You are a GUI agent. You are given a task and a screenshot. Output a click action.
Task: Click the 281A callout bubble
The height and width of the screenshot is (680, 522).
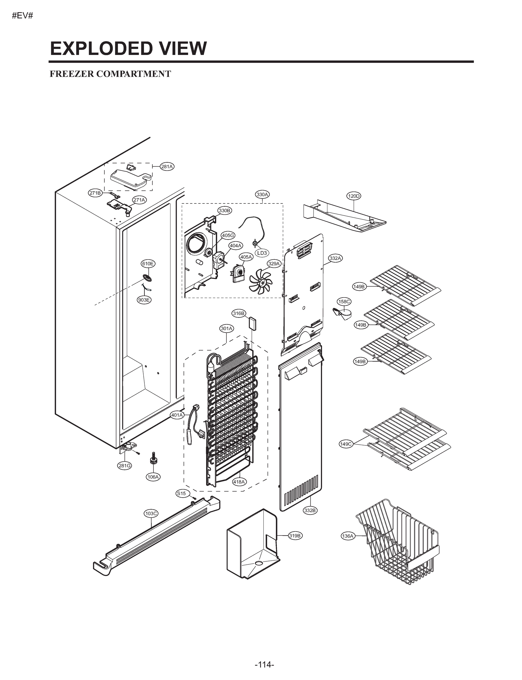167,167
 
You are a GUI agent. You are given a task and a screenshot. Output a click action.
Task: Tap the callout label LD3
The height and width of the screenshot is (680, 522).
262,253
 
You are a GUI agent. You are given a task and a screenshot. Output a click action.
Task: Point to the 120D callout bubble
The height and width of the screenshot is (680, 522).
353,196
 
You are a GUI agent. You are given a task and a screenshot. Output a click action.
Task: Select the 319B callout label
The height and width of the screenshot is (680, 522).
295,535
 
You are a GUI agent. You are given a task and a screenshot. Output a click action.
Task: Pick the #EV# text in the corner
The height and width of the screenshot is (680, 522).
22,16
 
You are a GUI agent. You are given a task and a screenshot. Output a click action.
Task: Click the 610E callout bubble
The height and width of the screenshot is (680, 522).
148,263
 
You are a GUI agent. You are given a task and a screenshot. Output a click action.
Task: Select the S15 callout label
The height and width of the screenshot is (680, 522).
181,493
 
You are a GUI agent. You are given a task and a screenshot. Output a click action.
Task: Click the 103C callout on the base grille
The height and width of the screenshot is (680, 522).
151,513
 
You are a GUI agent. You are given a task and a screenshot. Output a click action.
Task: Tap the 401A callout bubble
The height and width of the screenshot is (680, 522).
177,415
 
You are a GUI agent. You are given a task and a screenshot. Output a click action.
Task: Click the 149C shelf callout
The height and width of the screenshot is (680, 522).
346,444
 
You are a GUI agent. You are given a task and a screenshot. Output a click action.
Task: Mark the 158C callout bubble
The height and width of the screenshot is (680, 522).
344,301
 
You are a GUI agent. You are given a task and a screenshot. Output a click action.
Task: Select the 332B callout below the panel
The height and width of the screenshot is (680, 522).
310,510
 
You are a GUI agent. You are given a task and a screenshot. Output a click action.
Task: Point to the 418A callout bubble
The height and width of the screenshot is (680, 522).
239,482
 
